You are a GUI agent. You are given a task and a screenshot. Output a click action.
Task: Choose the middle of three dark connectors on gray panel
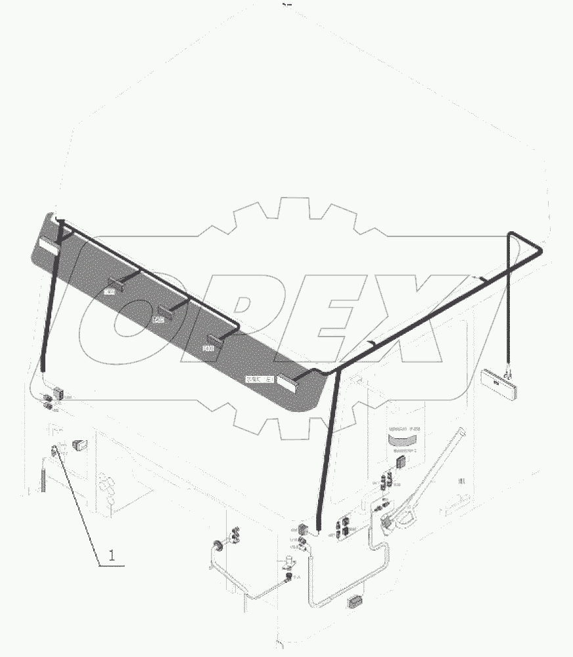(164, 313)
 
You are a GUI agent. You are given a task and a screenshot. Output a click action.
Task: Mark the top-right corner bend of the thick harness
(537, 248)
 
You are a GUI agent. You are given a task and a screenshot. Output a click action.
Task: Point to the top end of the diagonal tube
(463, 432)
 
